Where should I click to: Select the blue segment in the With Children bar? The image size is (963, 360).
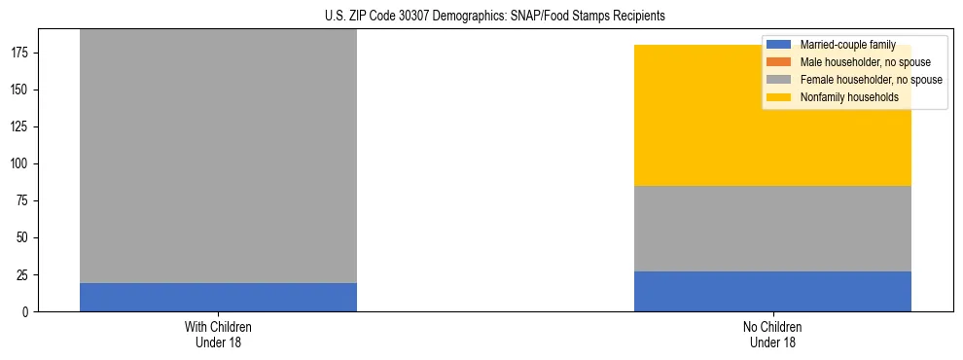pos(218,297)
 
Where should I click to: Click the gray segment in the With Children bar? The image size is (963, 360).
pos(218,156)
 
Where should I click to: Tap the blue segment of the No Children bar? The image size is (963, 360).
pos(772,291)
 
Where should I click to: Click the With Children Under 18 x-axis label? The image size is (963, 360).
pos(218,334)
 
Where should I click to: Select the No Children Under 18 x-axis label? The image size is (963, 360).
pos(772,334)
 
